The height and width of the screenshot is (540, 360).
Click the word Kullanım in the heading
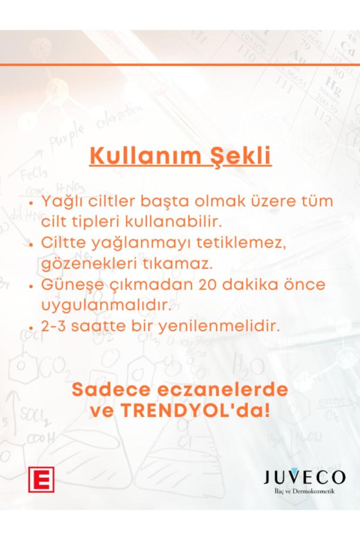145,156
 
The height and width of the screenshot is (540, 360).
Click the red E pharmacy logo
41,479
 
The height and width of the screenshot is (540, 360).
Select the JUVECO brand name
305,477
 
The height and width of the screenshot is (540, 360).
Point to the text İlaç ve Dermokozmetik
305,491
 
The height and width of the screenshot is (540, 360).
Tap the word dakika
250,285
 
